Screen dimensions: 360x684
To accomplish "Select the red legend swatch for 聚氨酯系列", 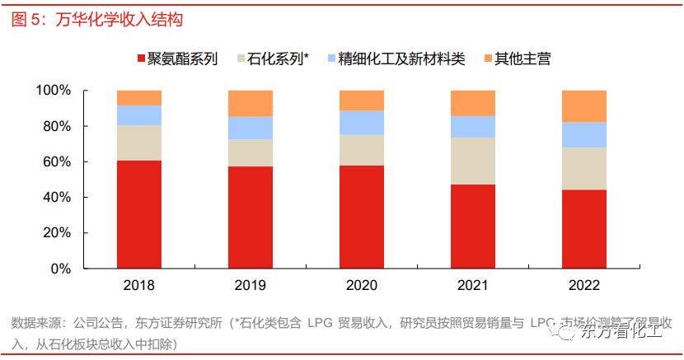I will click(141, 58).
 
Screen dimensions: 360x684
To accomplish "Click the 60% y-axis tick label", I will click(58, 161).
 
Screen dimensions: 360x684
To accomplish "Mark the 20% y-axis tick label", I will click(58, 233).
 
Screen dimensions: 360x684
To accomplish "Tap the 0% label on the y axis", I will click(61, 269).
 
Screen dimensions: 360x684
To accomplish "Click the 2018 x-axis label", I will click(138, 286).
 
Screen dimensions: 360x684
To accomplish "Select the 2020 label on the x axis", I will click(361, 286).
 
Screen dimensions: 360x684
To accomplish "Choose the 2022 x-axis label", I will click(583, 286).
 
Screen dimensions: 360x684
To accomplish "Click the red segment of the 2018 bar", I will click(138, 214).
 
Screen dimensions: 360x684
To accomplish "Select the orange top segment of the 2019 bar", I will click(250, 103).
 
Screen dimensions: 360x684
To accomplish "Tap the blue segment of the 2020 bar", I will click(361, 122).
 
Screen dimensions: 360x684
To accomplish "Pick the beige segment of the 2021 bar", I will click(472, 161).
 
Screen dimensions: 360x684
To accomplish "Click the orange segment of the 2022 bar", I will click(583, 105).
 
